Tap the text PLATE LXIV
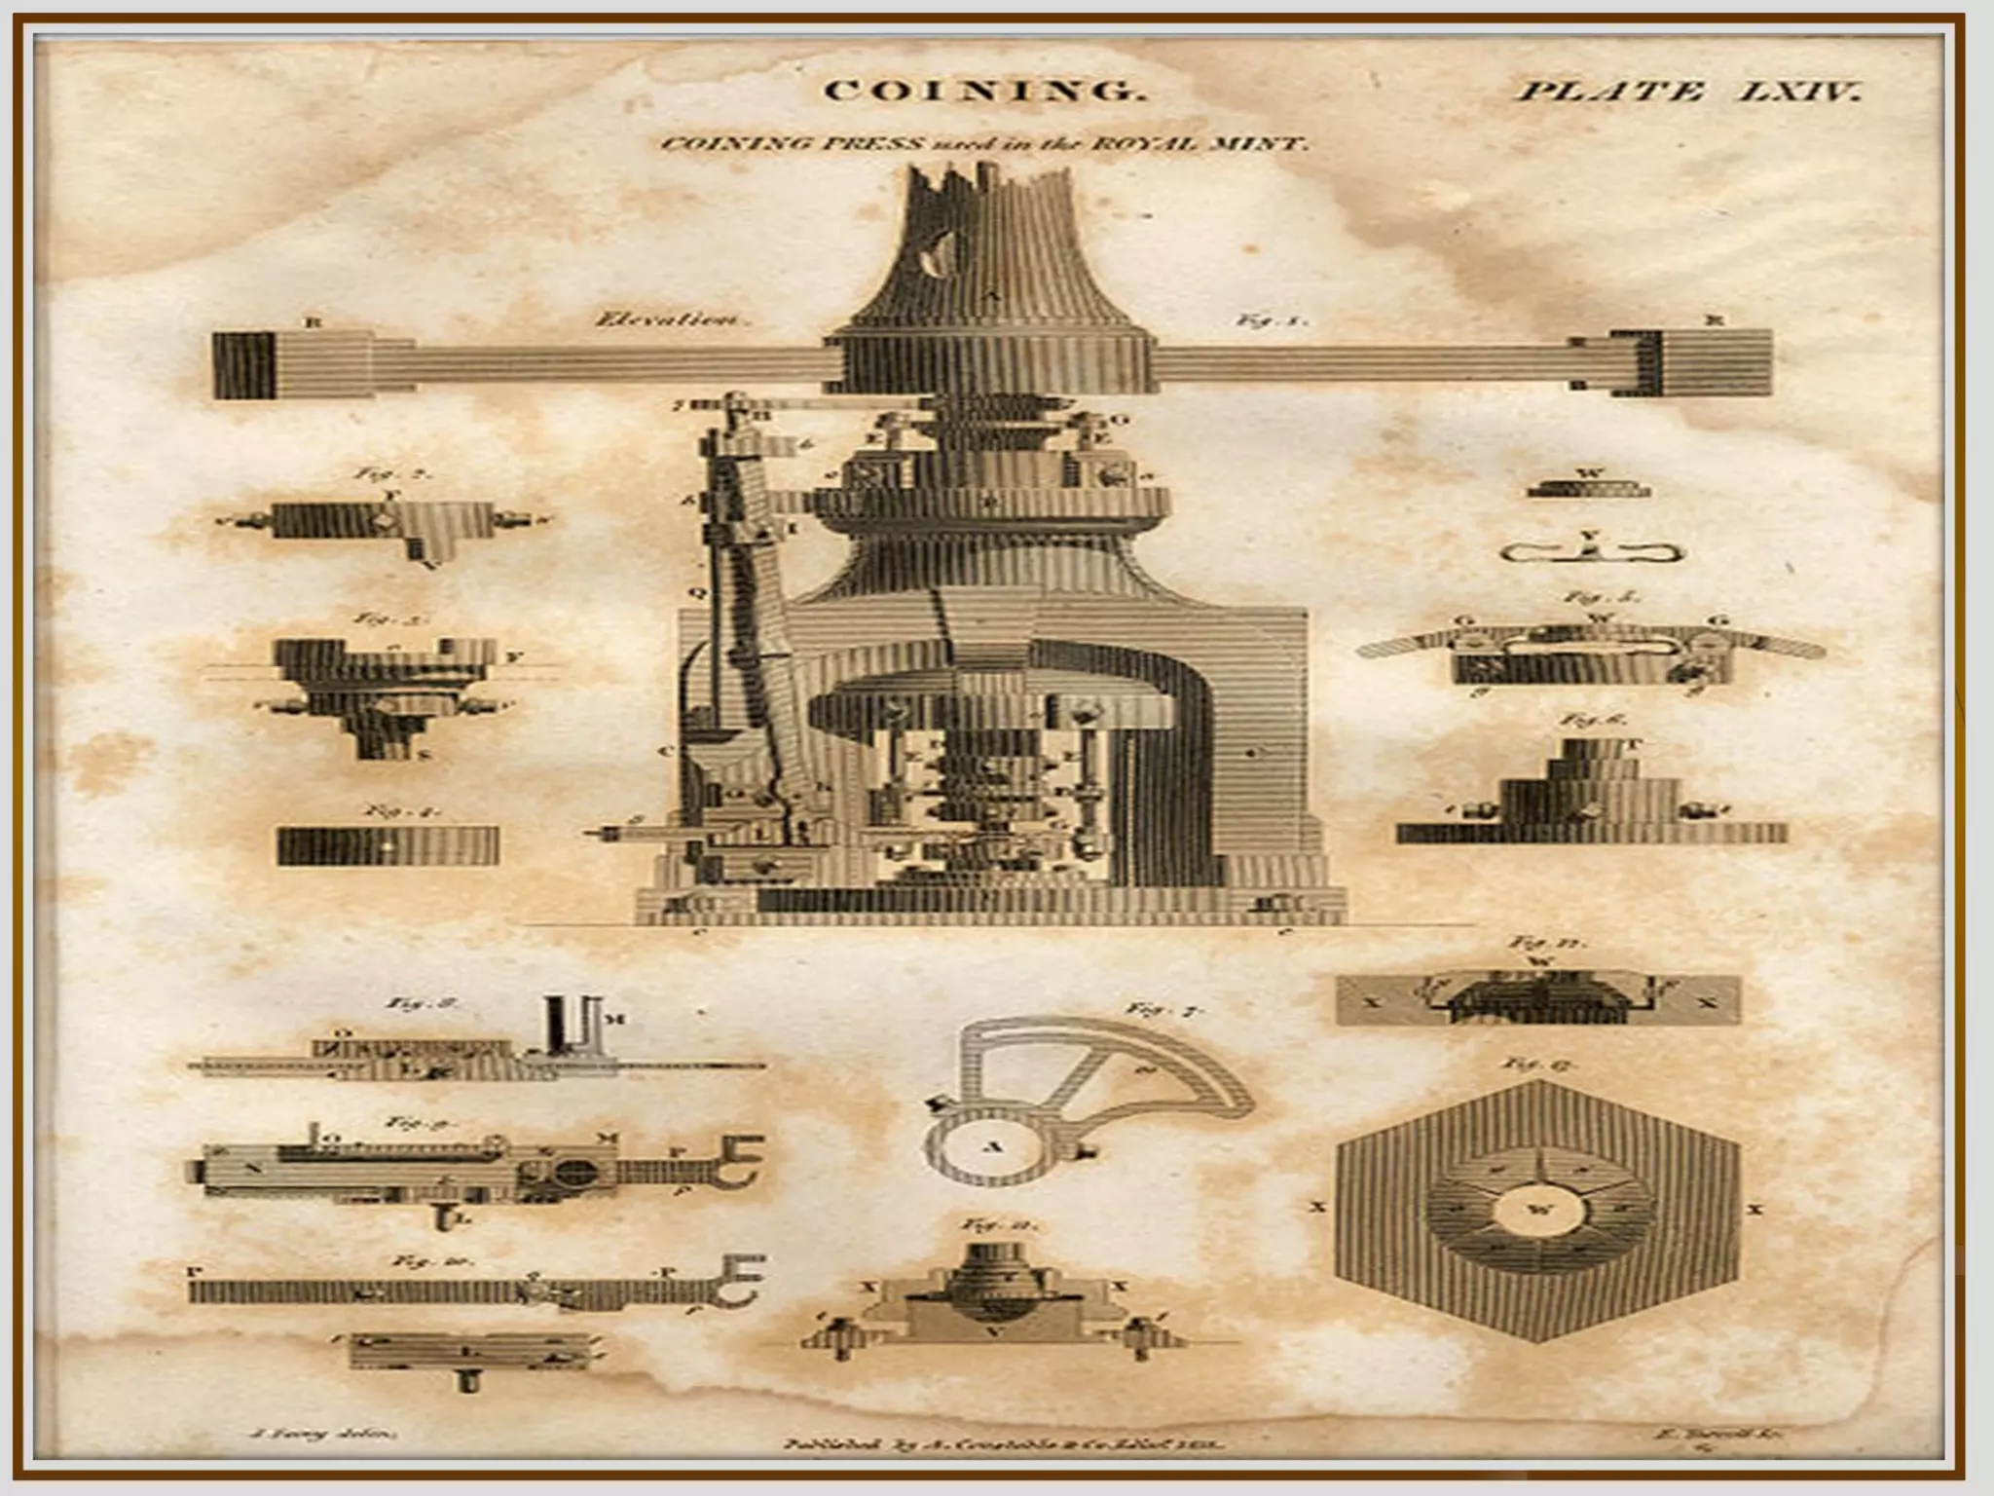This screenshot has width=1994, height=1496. (1689, 93)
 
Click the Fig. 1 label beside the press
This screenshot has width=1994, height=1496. (1271, 319)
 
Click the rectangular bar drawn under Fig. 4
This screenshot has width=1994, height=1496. (388, 845)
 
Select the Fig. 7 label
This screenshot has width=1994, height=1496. (1163, 1010)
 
